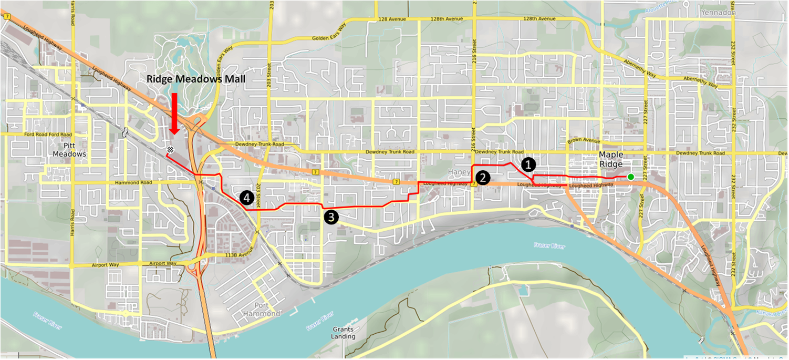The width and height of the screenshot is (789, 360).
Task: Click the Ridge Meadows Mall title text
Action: (196, 79)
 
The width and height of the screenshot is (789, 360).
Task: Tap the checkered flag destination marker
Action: (170, 150)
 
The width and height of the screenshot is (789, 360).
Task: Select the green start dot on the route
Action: (630, 177)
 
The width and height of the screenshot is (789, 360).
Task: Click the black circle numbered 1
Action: (528, 164)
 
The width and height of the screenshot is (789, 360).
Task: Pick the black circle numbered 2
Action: (483, 178)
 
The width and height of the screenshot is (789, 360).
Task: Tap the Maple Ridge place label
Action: (611, 159)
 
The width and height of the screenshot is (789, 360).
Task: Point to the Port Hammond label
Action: (261, 310)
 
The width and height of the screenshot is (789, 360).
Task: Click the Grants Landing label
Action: (344, 333)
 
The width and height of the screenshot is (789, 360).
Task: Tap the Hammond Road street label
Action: (130, 182)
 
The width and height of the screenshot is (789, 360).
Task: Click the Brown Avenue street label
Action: (584, 141)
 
